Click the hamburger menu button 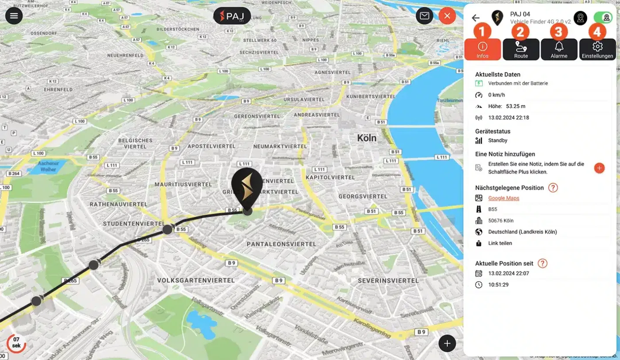14,16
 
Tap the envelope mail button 424,16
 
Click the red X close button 447,16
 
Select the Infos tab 483,49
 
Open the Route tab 521,49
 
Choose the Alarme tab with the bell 559,49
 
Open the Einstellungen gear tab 597,49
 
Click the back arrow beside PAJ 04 476,18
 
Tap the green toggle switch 603,18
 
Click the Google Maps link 504,198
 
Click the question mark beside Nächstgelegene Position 553,188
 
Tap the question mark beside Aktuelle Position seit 542,263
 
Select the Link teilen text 500,243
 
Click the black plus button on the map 447,343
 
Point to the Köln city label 367,138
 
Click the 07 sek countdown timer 16,343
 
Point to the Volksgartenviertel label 196,280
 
